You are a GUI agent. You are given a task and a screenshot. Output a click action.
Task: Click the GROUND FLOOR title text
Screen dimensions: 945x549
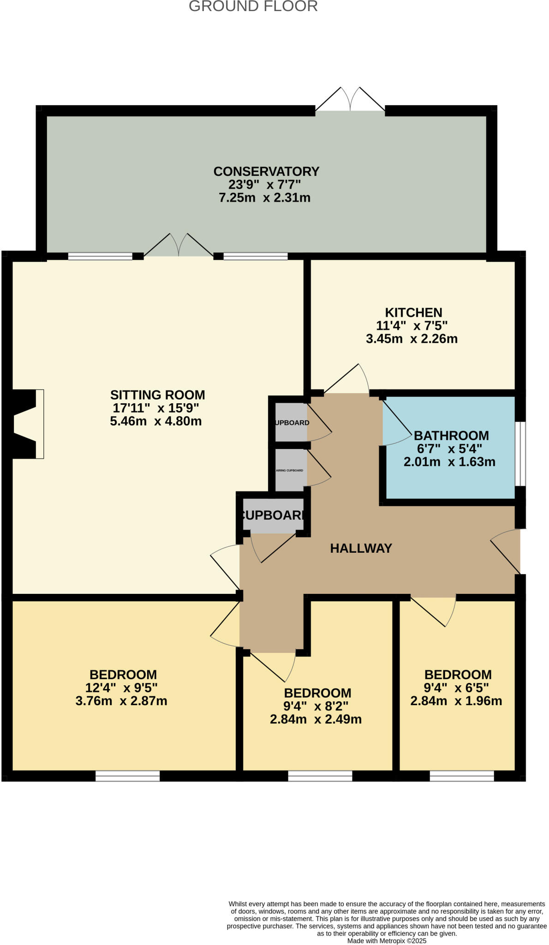pos(253,6)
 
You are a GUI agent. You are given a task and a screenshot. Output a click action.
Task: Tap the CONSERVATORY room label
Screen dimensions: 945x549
pos(266,171)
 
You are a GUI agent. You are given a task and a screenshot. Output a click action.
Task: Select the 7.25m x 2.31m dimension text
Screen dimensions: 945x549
pos(264,198)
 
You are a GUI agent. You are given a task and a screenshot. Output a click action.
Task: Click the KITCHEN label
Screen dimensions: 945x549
pos(413,312)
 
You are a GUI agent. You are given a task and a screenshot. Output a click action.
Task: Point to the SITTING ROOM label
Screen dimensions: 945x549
pos(157,395)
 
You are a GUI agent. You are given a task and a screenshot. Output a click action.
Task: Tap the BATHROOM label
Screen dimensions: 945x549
pos(451,436)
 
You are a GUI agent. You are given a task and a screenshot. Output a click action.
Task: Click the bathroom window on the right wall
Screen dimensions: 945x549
pos(520,454)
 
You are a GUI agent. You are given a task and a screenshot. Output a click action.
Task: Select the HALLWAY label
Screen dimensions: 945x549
pos(361,548)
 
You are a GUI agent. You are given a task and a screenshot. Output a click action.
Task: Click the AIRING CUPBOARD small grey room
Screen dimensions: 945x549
pos(290,470)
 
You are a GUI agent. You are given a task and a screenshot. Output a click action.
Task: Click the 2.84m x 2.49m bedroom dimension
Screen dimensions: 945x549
pos(316,719)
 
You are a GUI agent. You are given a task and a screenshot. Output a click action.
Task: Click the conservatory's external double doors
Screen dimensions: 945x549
pos(350,101)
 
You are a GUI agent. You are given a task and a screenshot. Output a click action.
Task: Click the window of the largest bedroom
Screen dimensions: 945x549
pos(127,776)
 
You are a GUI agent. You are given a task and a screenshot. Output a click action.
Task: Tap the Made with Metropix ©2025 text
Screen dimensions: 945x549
pos(387,940)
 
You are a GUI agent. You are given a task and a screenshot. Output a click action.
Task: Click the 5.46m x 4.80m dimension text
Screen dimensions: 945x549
pos(155,421)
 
